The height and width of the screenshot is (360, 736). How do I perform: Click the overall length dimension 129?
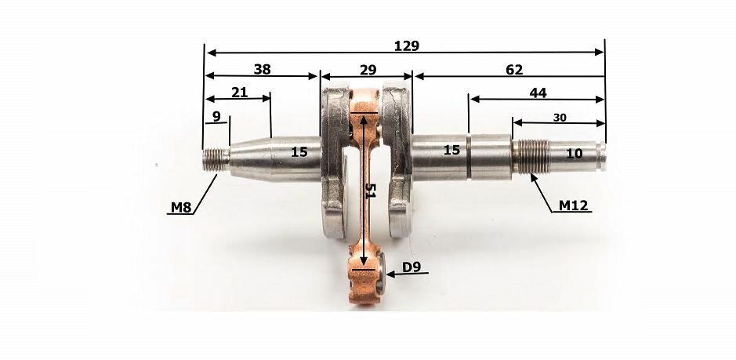pyautogui.click(x=407, y=46)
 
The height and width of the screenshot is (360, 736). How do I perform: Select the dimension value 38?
pyautogui.click(x=263, y=70)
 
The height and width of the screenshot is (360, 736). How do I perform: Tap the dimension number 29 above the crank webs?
pyautogui.click(x=368, y=70)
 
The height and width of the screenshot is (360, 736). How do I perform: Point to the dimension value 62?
pyautogui.click(x=514, y=70)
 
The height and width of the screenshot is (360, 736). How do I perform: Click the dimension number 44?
pyautogui.click(x=538, y=93)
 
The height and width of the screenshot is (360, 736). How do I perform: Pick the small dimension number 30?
pyautogui.click(x=560, y=118)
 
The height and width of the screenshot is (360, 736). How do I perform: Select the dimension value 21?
pyautogui.click(x=239, y=93)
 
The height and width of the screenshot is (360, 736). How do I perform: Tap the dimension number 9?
pyautogui.click(x=216, y=117)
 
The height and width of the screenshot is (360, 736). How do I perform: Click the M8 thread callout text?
pyautogui.click(x=181, y=207)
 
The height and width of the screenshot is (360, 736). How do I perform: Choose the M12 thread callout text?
pyautogui.click(x=573, y=205)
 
